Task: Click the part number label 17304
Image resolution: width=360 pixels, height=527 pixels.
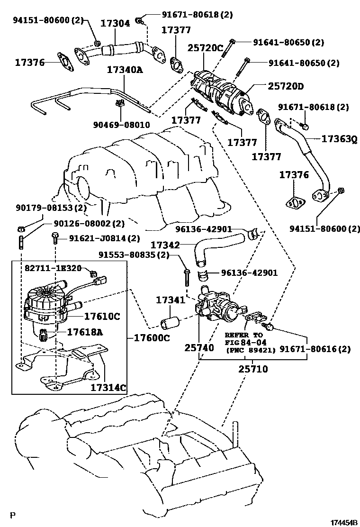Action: [x=115, y=23]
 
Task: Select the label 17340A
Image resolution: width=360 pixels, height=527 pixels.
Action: [x=124, y=70]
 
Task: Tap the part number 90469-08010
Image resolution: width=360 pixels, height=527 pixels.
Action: [x=121, y=126]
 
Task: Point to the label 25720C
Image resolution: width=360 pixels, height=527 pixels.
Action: [x=205, y=47]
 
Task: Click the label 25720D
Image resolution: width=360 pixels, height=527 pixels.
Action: [x=285, y=86]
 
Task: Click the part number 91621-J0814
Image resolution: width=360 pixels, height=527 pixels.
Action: [x=98, y=238]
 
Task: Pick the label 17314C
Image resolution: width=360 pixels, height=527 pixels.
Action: [x=108, y=388]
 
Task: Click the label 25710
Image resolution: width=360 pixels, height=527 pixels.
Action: [x=252, y=368]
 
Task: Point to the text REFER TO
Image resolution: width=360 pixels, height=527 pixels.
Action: [x=243, y=335]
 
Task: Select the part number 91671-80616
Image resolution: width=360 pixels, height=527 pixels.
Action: [x=315, y=349]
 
